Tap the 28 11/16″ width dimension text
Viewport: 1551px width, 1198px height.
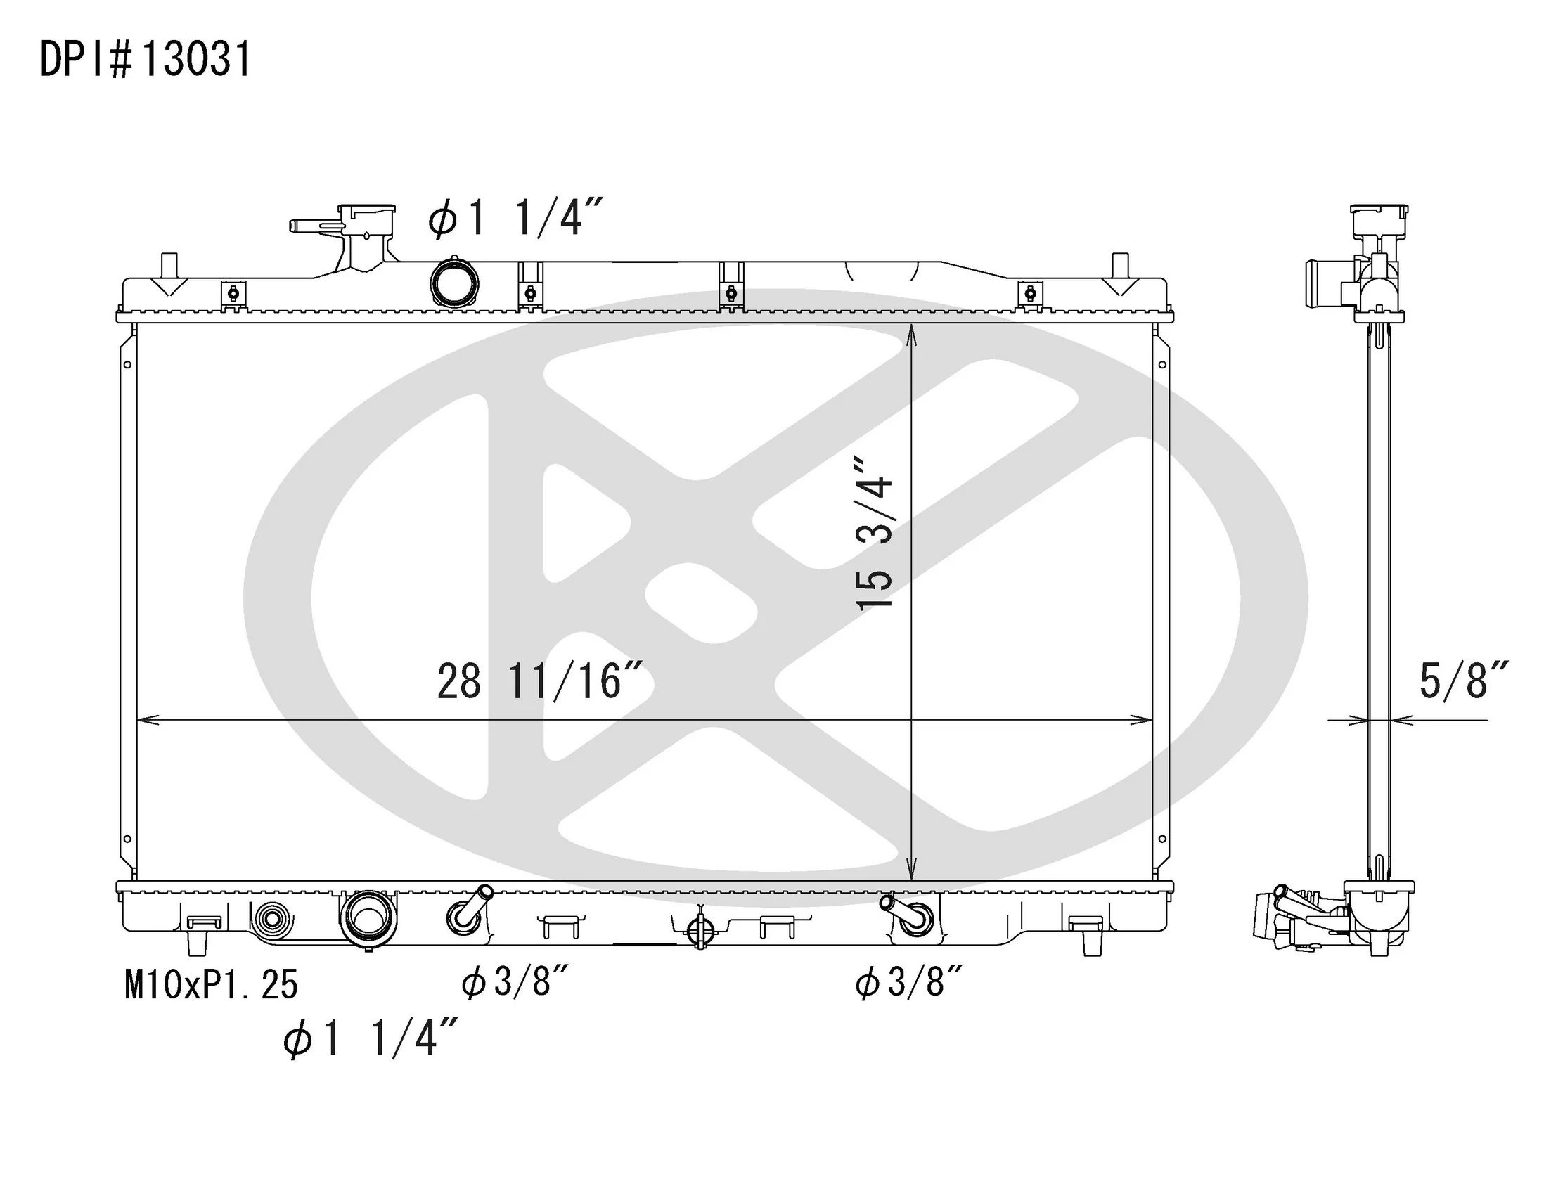click(541, 682)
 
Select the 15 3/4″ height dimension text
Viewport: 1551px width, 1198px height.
click(874, 533)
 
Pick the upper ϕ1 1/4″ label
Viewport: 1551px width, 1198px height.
click(516, 217)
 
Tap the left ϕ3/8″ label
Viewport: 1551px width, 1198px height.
click(515, 983)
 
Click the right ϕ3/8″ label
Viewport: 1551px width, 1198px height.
click(910, 983)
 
